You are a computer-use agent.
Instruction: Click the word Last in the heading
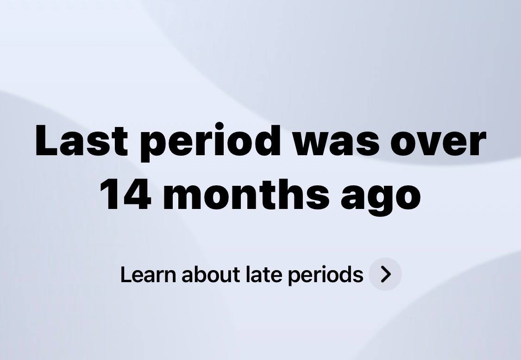tap(82, 140)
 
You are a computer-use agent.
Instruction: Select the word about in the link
tap(211, 274)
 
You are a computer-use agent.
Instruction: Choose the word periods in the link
tap(326, 276)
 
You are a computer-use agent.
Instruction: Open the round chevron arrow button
tap(385, 274)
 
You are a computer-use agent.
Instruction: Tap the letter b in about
tap(203, 275)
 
